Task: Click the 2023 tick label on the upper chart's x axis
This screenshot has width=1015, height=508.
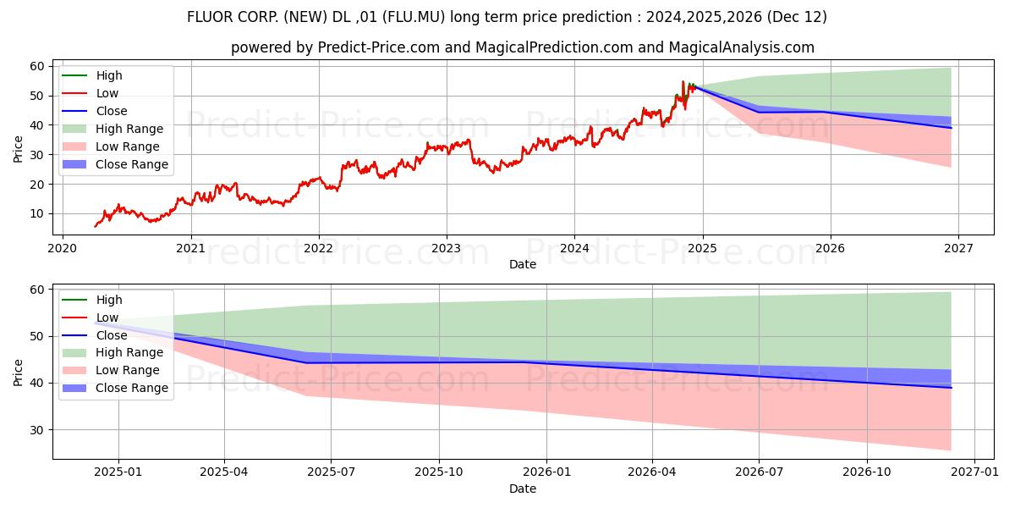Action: [x=446, y=248]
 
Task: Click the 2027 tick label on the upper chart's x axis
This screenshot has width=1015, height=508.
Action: [x=957, y=248]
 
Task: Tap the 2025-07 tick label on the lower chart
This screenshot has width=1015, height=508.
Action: [x=332, y=472]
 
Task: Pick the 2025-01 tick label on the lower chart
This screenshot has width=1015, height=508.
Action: [x=118, y=472]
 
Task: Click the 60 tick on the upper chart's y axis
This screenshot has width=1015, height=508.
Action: [x=36, y=66]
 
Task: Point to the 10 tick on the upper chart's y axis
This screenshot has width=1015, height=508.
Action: [x=36, y=213]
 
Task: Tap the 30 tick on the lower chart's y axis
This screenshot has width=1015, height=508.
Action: [x=36, y=430]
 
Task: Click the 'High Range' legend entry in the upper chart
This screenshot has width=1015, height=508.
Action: [x=129, y=129]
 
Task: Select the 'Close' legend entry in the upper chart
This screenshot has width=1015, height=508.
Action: [x=112, y=111]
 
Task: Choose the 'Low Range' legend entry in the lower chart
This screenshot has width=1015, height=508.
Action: [x=128, y=370]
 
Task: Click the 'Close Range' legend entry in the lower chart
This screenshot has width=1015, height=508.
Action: [x=132, y=388]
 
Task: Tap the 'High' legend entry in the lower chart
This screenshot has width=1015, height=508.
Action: [x=109, y=300]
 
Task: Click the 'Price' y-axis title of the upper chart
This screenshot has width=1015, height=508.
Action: [x=19, y=148]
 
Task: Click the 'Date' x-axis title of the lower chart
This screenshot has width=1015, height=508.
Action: [x=522, y=489]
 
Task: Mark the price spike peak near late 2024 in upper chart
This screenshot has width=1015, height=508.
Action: [x=683, y=81]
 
